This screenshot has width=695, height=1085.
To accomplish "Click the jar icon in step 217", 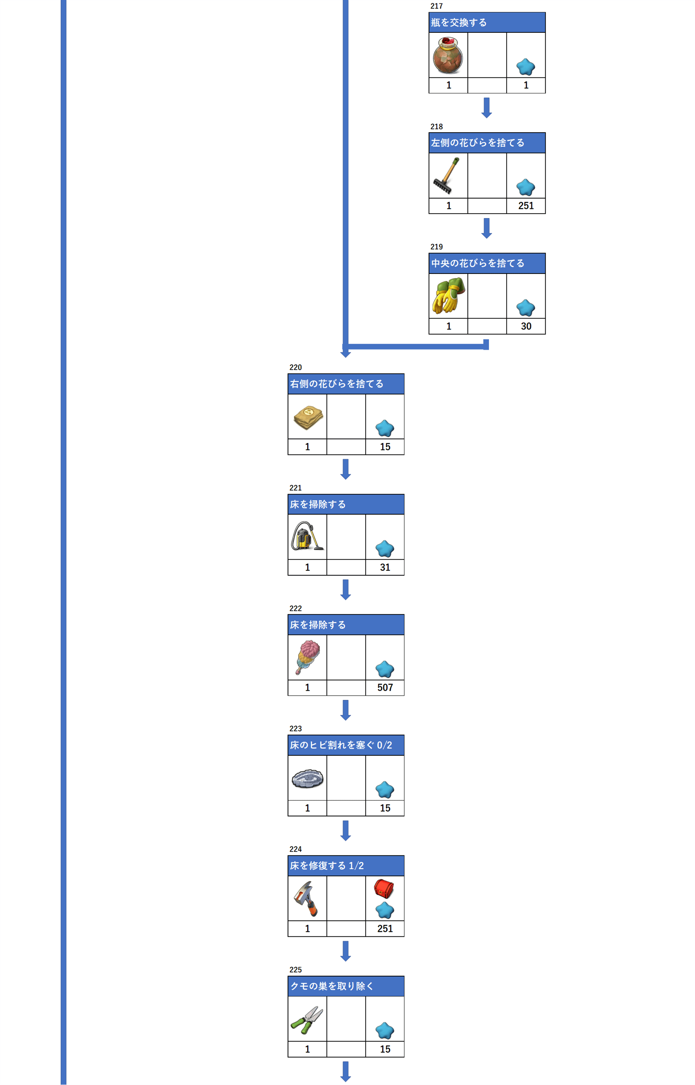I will (448, 56).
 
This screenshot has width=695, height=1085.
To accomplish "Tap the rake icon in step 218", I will (447, 175).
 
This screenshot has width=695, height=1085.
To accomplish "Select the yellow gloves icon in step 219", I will (448, 296).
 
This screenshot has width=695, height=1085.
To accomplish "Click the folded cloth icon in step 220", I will (308, 417).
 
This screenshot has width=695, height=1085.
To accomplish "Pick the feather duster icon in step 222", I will (307, 657).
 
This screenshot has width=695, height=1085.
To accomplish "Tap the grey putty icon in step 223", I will (307, 778).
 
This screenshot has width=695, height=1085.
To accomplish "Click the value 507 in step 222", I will (385, 687).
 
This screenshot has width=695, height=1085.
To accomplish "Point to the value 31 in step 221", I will (385, 567).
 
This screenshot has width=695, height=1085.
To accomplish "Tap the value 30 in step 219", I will (526, 326).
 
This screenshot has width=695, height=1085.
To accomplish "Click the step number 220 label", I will (296, 367).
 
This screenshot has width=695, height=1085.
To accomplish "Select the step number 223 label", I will (296, 728).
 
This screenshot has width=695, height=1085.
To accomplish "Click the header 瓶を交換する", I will (459, 23).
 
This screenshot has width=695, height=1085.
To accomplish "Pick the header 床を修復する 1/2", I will (327, 866).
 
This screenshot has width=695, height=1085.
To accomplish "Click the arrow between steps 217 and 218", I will (487, 108).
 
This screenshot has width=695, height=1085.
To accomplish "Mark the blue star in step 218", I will (525, 187).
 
